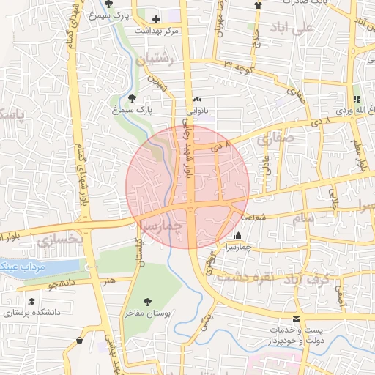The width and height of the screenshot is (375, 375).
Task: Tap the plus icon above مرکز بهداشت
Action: (x=155, y=19)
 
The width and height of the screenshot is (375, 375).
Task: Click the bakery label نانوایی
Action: (x=197, y=111)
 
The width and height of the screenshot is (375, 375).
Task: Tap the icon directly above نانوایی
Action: (x=197, y=100)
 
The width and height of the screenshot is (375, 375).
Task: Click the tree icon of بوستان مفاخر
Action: (x=147, y=300)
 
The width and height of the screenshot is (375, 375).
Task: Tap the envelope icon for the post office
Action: (x=296, y=319)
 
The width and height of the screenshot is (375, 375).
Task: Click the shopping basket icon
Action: (x=357, y=99)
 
